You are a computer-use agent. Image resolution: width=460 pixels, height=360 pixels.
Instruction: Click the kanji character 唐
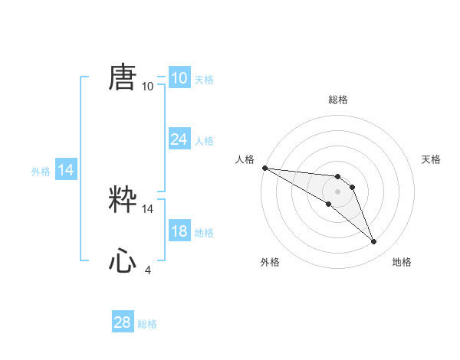123,77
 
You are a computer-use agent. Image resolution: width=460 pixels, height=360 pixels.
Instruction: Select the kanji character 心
123,261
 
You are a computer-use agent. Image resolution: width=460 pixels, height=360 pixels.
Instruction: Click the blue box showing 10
179,78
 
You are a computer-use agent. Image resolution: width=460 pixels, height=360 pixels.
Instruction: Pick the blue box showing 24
179,139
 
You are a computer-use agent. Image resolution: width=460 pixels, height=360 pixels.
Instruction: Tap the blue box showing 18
179,231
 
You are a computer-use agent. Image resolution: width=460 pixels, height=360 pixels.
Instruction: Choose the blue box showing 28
123,322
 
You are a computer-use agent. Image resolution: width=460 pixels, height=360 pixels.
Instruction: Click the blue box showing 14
66,170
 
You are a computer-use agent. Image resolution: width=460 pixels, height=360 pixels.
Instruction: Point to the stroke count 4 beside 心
148,270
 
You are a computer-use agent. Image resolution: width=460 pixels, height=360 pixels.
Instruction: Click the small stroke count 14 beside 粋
148,208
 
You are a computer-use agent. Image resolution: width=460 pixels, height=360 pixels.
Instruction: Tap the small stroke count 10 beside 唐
148,86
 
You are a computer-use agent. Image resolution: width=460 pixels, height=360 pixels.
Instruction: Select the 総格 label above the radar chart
338,100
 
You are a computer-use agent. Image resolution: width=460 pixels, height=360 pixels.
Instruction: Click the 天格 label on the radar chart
432,159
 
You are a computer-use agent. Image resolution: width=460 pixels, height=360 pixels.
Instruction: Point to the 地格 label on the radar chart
402,262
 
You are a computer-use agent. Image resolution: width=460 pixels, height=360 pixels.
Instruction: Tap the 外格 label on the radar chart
270,262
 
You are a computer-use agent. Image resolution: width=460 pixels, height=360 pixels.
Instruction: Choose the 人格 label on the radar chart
245,159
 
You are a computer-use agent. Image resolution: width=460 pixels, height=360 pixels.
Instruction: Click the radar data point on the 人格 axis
264,168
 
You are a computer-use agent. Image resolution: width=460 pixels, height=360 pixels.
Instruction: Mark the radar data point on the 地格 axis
374,242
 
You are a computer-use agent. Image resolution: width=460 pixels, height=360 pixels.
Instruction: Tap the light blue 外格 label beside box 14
41,172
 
